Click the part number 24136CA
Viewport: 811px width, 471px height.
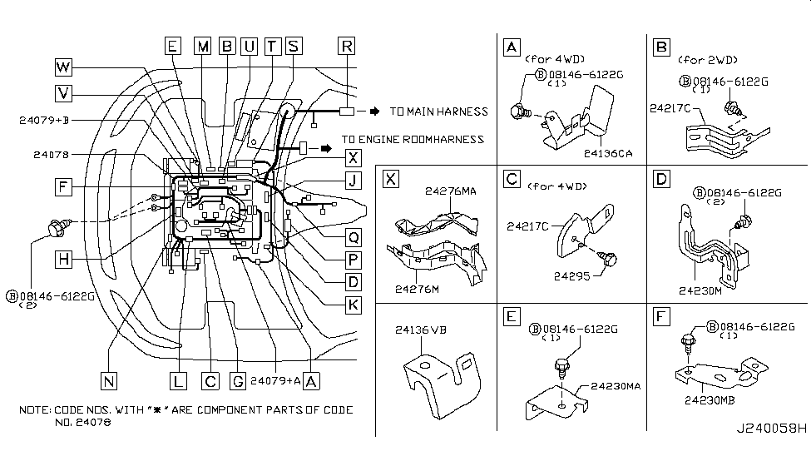[609, 153]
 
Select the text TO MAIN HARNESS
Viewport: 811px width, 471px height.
[438, 112]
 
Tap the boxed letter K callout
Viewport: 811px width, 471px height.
[353, 305]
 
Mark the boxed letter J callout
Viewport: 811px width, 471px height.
[353, 180]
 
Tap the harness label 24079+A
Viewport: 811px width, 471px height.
[274, 381]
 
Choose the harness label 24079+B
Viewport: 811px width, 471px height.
[45, 121]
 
